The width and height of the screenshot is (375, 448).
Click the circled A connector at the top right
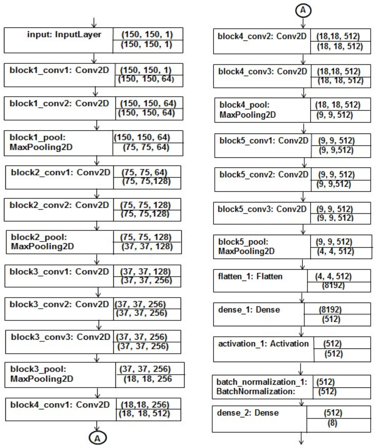click(303, 10)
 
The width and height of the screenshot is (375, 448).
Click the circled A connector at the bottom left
click(97, 438)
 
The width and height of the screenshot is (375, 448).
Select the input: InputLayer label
click(64, 35)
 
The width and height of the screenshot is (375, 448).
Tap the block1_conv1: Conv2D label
click(59, 70)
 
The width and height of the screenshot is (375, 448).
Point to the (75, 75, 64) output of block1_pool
click(146, 147)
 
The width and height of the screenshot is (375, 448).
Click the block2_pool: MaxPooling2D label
click(42, 242)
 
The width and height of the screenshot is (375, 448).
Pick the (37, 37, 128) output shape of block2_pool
click(147, 247)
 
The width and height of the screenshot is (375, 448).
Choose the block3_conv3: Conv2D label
click(60, 337)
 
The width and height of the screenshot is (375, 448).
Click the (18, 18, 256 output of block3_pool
click(148, 379)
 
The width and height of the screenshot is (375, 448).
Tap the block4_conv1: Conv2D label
click(60, 405)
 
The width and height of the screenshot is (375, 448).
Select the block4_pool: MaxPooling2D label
click(248, 110)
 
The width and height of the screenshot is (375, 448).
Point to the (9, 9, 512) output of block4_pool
click(335, 115)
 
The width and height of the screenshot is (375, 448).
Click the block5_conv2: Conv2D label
click(264, 175)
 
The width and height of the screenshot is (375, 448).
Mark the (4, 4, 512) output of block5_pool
click(335, 251)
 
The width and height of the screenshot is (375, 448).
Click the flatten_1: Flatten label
click(250, 276)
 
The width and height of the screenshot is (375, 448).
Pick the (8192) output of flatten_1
click(333, 285)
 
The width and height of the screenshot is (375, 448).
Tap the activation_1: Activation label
click(263, 343)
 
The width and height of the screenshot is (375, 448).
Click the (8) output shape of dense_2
click(332, 423)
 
